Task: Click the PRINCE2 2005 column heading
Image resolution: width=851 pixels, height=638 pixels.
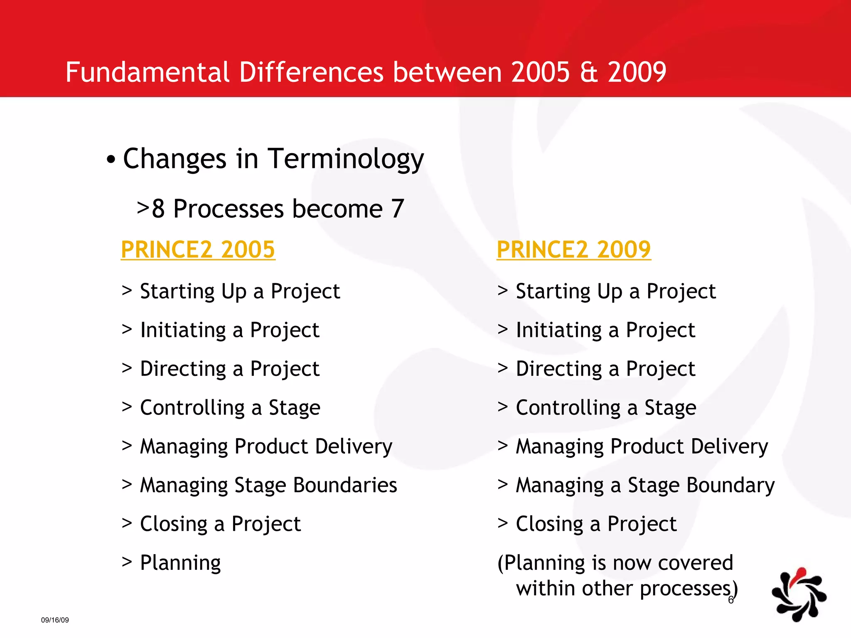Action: coord(198,250)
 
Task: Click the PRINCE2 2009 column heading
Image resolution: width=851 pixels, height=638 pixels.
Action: coord(573,250)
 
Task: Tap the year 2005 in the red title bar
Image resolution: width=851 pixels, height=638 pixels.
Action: coord(540,72)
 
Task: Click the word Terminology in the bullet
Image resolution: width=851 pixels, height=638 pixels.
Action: coord(346,159)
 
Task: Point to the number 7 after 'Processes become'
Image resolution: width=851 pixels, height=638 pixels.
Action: coord(397,209)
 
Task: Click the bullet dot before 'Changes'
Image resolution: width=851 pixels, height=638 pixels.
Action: coord(111,160)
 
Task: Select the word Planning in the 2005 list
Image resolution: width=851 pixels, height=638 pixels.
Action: coord(180,563)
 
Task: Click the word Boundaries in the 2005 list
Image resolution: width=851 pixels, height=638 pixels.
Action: coord(345,485)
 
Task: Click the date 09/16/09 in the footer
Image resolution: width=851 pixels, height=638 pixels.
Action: coord(55,620)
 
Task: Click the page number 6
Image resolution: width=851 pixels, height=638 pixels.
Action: coord(730,600)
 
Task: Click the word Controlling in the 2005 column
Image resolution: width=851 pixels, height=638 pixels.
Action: coord(192,407)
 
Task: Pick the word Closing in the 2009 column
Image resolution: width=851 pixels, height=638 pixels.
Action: coord(549,524)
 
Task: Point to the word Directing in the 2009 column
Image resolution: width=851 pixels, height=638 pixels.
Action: coord(558,369)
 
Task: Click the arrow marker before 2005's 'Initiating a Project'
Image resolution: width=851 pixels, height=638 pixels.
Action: coord(127,329)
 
